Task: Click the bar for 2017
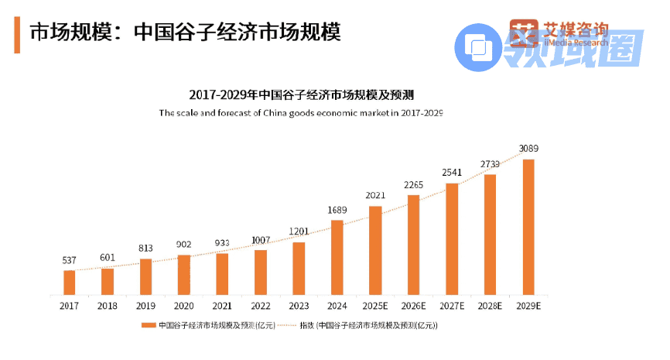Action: tap(70, 283)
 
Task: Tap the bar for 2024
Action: tap(337, 257)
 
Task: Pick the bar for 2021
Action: tap(223, 274)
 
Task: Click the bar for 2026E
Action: tap(414, 245)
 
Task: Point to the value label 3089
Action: tap(529, 149)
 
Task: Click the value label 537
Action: tap(70, 259)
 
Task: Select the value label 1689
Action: tap(337, 209)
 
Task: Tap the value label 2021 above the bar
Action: tap(375, 195)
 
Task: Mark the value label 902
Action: tap(184, 244)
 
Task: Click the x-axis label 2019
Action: tap(146, 307)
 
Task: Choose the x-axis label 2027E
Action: tap(452, 307)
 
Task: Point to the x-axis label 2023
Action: tap(299, 307)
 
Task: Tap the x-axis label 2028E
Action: tap(491, 307)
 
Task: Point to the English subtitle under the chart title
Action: tap(302, 113)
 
